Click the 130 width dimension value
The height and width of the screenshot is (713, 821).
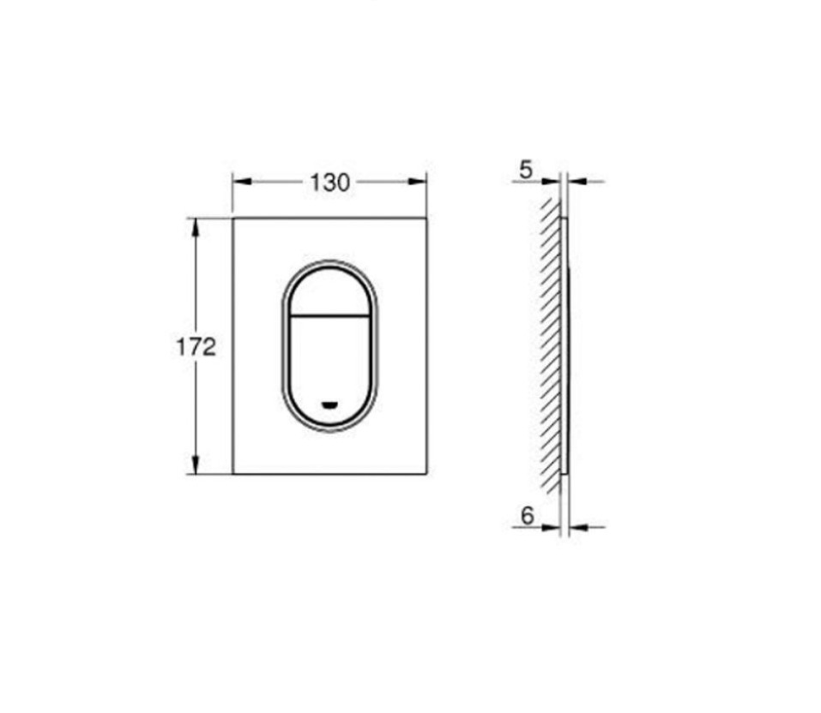point(329,182)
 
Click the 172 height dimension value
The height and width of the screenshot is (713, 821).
point(196,347)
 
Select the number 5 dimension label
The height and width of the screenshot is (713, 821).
point(526,170)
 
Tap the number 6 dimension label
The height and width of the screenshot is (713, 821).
point(527,515)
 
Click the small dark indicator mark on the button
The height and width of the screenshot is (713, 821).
point(329,404)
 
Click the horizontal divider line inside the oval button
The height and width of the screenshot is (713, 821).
point(329,316)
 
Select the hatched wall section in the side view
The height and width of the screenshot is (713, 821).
point(550,343)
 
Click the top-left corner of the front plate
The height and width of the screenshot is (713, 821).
point(233,219)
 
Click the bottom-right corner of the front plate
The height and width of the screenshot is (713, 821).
point(426,473)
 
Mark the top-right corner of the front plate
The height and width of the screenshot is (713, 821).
point(426,219)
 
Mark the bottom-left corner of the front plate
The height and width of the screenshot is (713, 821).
point(233,473)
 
